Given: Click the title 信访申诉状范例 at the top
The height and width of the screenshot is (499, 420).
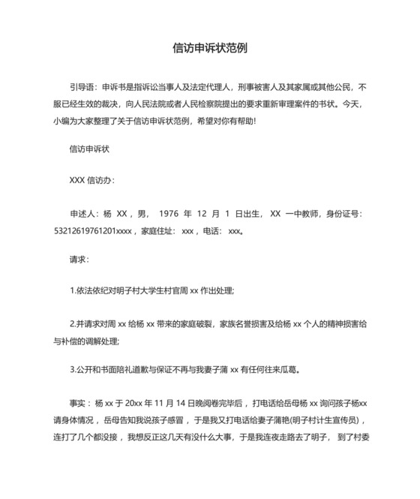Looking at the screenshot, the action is pyautogui.click(x=210, y=49).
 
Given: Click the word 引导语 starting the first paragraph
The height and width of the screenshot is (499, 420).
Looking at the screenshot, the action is pyautogui.click(x=80, y=86).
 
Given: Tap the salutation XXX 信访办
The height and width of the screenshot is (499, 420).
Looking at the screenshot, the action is pyautogui.click(x=91, y=181).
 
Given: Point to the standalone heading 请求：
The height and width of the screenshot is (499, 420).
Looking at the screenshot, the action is pyautogui.click(x=79, y=260).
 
